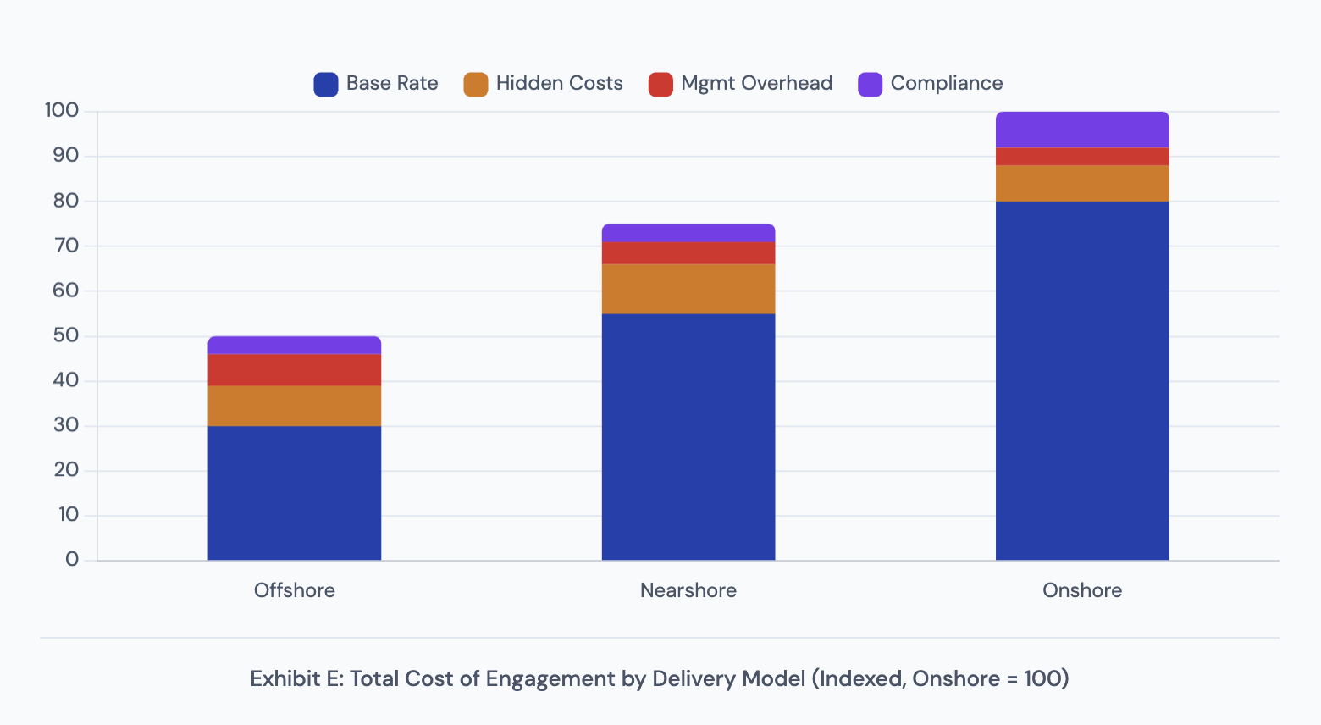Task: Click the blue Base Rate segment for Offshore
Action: tap(294, 492)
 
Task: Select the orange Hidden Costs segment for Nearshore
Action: tap(688, 289)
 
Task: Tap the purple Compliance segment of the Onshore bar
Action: tap(1081, 130)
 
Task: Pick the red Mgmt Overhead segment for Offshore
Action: tap(294, 370)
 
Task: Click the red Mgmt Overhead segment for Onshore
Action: tap(1081, 156)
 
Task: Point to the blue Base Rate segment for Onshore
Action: tap(1081, 380)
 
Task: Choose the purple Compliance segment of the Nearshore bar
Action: tap(688, 233)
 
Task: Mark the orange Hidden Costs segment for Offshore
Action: tap(294, 406)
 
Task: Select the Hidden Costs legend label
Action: tap(559, 83)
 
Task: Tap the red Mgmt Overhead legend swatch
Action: tap(660, 84)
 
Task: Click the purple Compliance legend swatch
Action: tap(870, 84)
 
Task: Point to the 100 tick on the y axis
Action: tap(61, 111)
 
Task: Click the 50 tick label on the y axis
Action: tap(65, 335)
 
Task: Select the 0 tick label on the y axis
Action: tap(72, 560)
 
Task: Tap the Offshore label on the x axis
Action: tap(294, 590)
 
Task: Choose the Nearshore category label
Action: tap(688, 590)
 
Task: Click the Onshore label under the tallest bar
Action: tap(1081, 590)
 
